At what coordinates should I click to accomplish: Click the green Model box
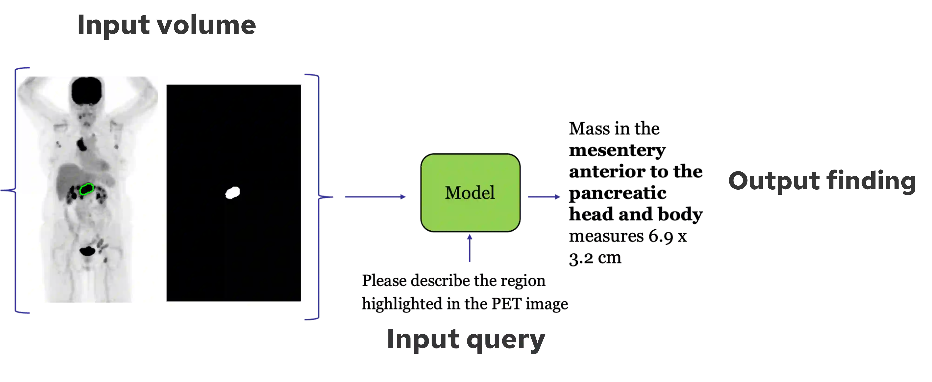[x=470, y=214]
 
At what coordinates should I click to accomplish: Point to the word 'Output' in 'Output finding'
[x=773, y=181]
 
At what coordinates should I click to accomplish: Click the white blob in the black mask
[x=233, y=192]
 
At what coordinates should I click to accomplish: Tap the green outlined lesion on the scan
[x=87, y=189]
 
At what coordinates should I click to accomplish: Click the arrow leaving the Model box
[x=544, y=197]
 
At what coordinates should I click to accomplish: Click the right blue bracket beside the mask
[x=317, y=197]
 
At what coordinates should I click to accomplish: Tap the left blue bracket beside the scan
[x=15, y=190]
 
